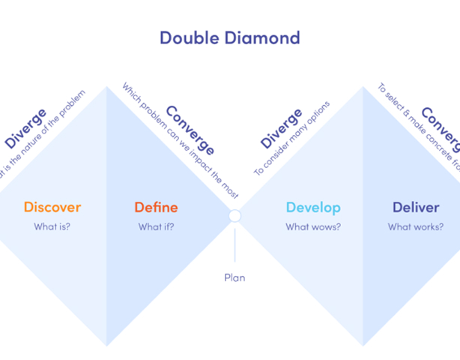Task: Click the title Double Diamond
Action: pos(230,37)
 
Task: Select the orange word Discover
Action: pos(52,207)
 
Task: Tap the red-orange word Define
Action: pos(156,207)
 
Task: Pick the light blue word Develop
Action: pos(313,207)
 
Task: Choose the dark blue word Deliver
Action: pos(416,207)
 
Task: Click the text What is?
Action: pos(52,226)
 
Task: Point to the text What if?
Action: pos(156,226)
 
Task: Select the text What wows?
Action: pos(313,226)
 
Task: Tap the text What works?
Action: pos(416,226)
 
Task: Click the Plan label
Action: pos(234,277)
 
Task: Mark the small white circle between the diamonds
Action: pos(234,216)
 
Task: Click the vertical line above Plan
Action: pos(234,245)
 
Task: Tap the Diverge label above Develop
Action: pos(282,128)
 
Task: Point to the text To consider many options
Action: pos(291,138)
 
